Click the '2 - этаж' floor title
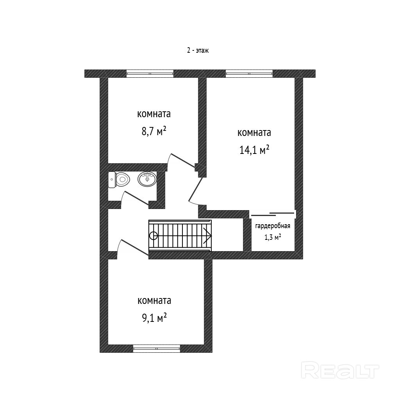(198, 50)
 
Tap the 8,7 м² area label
(154, 132)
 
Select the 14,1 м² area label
(254, 150)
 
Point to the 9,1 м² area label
(154, 318)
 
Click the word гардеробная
(273, 226)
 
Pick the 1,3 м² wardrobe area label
(273, 237)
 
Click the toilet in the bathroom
(119, 180)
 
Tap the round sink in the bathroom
(147, 179)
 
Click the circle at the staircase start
(153, 236)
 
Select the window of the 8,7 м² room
(150, 73)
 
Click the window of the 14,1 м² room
(249, 73)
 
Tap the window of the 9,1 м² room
(157, 348)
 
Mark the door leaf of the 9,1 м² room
(134, 247)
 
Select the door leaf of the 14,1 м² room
(195, 189)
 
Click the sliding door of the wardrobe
(273, 214)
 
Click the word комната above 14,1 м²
(254, 133)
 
